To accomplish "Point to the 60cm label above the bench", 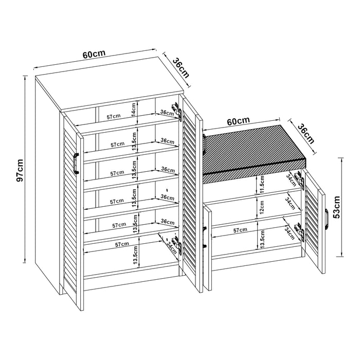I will (x=238, y=122).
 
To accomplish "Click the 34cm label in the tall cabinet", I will (x=168, y=247).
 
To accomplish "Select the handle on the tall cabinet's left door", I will (x=75, y=164).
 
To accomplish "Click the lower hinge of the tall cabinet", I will (x=178, y=246).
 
